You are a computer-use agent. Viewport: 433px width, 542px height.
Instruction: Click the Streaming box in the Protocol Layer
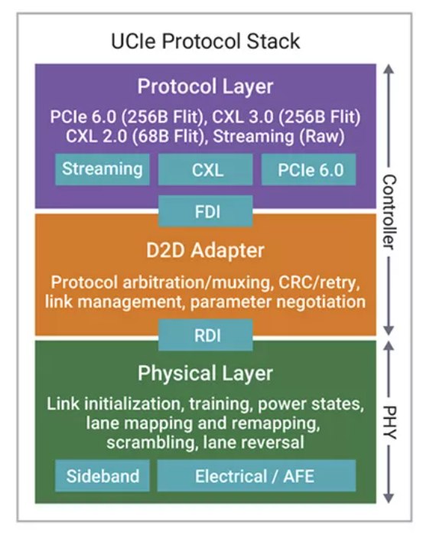103,169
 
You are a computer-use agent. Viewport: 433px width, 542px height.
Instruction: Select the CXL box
206,169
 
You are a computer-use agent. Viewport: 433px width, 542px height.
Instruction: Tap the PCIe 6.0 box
309,169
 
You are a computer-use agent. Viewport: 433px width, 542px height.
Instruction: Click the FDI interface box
206,211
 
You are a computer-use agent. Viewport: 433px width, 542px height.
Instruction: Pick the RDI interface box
206,335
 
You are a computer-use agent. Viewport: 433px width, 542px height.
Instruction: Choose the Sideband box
103,475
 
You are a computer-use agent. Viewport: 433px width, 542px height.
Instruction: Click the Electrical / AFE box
256,475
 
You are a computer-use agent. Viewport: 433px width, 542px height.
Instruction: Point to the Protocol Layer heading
206,87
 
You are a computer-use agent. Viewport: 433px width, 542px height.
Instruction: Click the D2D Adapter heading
206,250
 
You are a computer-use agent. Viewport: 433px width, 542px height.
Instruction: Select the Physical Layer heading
206,374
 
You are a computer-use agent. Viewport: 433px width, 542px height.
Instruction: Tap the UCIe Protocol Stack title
206,41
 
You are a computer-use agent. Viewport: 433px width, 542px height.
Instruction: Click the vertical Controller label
389,212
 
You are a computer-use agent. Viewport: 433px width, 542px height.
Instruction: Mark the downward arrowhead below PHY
389,498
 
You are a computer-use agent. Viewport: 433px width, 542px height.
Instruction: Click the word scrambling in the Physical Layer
151,442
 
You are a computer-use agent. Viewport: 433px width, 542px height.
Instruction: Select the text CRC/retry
319,282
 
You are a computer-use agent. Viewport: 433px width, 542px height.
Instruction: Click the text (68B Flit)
169,136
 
